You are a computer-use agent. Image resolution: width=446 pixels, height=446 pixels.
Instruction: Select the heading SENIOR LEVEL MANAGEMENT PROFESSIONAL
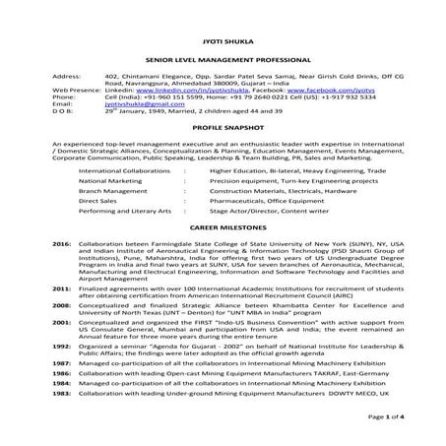223,58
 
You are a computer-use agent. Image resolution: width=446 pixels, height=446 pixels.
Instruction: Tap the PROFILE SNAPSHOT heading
223,130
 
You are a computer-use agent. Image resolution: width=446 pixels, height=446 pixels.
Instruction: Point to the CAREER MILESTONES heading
223,224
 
